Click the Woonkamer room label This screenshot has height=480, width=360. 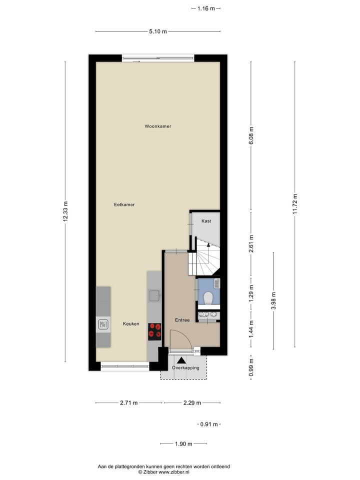[x=157, y=126]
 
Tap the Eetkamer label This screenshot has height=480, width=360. [x=124, y=204]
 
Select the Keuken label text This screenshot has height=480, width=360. [x=131, y=324]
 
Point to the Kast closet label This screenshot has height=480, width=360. [x=206, y=221]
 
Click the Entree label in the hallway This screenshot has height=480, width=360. [x=182, y=320]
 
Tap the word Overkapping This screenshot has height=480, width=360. [x=185, y=368]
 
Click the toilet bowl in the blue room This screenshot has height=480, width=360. [x=208, y=298]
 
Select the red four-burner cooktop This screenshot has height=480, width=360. [x=154, y=331]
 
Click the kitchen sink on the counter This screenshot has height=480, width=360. [x=154, y=295]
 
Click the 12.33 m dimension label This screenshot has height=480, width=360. [x=65, y=211]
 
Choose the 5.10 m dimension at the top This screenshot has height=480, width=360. [x=157, y=31]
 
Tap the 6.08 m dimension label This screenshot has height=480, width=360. [x=251, y=135]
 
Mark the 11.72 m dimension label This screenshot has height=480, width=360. [x=295, y=204]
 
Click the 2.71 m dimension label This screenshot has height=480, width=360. [x=128, y=403]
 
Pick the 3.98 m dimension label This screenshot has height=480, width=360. [x=273, y=301]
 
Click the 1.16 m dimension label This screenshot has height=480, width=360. [x=206, y=8]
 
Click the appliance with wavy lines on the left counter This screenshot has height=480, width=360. [x=103, y=325]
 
